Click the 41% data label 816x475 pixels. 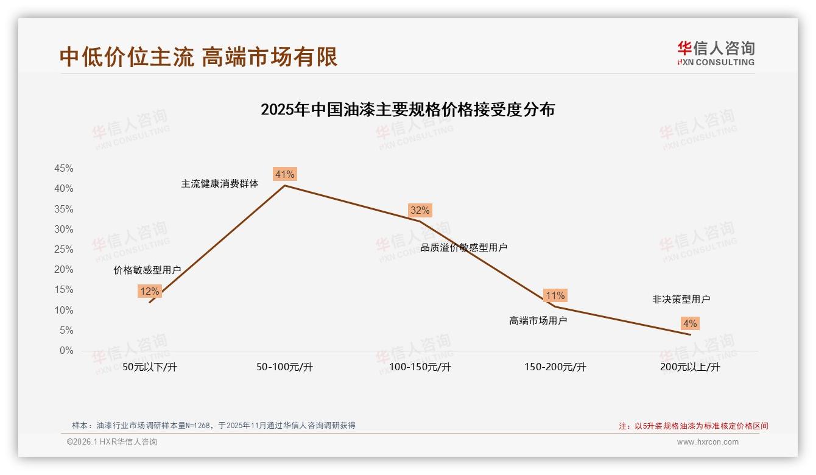284,175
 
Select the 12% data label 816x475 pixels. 149,292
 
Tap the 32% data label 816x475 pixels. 420,211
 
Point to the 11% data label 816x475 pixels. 555,296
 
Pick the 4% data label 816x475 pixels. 690,324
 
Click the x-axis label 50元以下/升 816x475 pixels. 150,367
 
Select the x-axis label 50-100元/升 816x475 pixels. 284,367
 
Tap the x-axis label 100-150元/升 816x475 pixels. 420,367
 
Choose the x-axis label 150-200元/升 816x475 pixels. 555,367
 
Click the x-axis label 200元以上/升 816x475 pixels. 690,367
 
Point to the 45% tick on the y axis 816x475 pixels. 64,169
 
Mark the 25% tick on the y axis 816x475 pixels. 64,250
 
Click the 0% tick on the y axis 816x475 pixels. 66,351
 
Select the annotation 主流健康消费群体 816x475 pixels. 220,184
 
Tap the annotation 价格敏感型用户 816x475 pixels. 147,270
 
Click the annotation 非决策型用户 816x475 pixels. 681,300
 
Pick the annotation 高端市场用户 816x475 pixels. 538,321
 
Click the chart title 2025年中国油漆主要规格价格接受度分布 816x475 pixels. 407,110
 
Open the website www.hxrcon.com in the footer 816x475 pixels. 708,442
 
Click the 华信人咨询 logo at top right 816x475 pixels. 716,53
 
